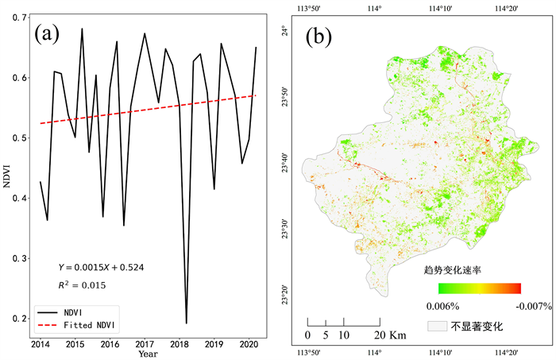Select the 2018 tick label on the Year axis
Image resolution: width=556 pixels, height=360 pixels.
pyautogui.click(x=179, y=344)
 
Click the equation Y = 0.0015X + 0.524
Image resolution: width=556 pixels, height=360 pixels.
pyautogui.click(x=100, y=267)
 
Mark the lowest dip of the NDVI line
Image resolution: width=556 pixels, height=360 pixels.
pyautogui.click(x=187, y=323)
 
